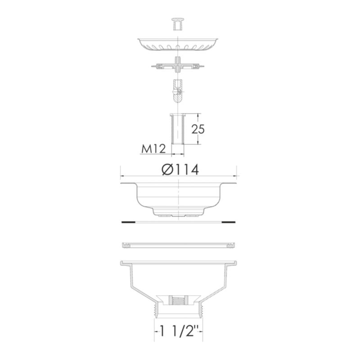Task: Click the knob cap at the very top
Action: [178, 23]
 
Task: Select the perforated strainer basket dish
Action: [178, 44]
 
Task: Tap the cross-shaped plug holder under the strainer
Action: [178, 65]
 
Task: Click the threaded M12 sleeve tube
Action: [177, 129]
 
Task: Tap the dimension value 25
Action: [198, 129]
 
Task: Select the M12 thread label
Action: [153, 149]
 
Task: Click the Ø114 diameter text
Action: [180, 170]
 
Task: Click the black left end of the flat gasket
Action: [128, 222]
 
